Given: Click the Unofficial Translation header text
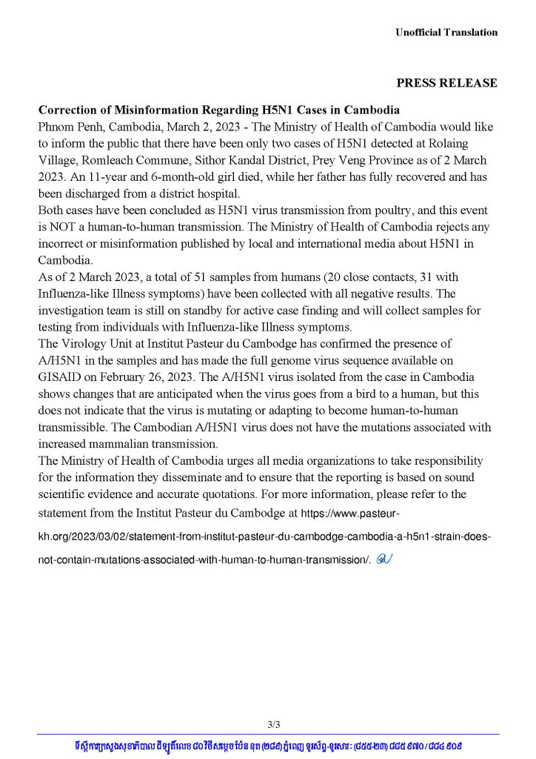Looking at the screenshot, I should tap(446, 32).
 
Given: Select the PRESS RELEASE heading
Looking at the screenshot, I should tap(446, 83).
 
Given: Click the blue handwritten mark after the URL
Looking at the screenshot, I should tap(383, 560).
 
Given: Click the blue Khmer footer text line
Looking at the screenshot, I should tap(269, 744).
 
